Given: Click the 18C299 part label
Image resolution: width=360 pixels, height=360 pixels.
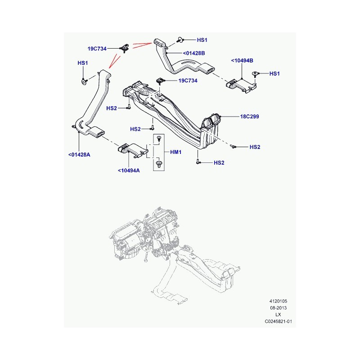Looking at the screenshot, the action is (249, 117).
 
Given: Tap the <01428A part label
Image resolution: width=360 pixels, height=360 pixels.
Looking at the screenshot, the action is (79, 155).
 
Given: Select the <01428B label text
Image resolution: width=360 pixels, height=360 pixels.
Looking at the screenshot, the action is (194, 53).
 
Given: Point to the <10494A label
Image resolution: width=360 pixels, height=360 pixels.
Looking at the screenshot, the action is (129, 171).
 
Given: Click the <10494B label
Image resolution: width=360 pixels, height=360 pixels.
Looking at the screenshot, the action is (242, 61).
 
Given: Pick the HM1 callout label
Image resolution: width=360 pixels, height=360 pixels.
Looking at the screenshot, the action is (175, 152).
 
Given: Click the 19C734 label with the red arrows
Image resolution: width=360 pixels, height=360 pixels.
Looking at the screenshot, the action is (97, 49).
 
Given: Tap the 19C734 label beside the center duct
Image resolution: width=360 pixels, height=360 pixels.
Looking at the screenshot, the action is (188, 81).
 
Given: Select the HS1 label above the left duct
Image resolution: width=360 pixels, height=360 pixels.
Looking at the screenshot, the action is (83, 63).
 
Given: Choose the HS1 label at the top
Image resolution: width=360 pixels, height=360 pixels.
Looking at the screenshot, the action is (202, 40).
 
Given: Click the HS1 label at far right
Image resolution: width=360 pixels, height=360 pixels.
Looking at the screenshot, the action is (274, 74).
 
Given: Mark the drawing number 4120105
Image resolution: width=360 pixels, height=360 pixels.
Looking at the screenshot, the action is (278, 301).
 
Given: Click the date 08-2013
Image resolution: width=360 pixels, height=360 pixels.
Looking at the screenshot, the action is (278, 308).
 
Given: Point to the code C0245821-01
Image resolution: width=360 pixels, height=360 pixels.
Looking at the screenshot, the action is (278, 321).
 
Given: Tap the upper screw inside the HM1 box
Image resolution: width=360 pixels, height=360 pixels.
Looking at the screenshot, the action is (159, 139).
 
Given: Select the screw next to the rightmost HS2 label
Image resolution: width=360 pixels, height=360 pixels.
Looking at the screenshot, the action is (233, 146).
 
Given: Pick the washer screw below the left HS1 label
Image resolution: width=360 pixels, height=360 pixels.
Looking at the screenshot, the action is (84, 81).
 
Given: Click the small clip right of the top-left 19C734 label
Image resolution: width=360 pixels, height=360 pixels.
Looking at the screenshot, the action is (125, 48).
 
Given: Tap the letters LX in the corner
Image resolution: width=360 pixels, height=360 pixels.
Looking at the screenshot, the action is (278, 315).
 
